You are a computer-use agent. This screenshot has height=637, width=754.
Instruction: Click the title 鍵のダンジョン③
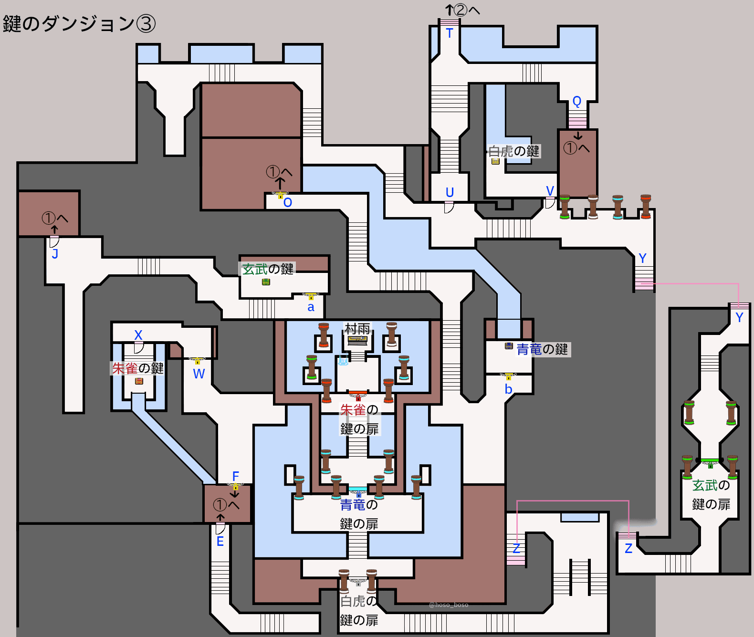click(x=79, y=24)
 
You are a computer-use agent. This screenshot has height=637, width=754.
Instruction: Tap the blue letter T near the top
click(x=449, y=33)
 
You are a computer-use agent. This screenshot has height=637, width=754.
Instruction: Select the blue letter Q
click(x=576, y=102)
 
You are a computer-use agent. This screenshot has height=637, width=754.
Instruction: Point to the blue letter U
click(x=450, y=192)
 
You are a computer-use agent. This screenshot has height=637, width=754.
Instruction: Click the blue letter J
click(x=55, y=254)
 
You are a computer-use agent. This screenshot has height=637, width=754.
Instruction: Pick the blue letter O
click(x=287, y=203)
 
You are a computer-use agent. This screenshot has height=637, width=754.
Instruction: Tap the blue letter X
click(x=138, y=335)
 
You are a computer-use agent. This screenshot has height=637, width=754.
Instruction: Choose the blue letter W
click(x=199, y=374)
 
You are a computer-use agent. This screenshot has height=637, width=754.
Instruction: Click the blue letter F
click(x=235, y=476)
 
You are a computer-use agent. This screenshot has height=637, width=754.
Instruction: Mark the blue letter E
click(x=220, y=541)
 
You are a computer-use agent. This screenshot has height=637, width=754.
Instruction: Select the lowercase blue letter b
click(x=508, y=389)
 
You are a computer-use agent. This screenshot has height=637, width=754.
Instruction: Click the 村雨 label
click(x=357, y=329)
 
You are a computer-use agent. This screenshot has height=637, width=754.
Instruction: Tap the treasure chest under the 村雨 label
click(x=357, y=340)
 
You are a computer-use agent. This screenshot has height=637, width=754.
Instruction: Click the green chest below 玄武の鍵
click(x=266, y=282)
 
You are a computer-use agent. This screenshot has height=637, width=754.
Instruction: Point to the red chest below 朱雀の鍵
click(x=139, y=381)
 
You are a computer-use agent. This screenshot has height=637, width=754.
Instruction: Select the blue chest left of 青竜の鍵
click(x=509, y=346)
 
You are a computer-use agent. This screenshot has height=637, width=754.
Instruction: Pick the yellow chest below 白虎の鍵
click(x=495, y=161)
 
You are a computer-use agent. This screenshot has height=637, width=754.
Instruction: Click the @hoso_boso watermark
click(x=449, y=605)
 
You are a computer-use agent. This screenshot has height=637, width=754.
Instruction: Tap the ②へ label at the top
click(x=467, y=10)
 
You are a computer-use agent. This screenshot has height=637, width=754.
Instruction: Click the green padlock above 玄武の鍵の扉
click(x=710, y=465)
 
